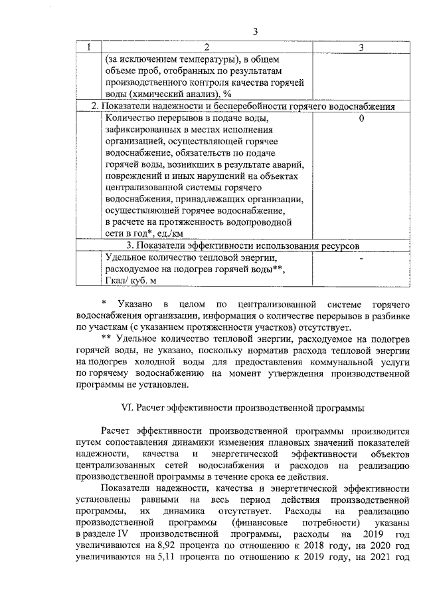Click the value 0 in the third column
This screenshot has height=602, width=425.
pos(361,119)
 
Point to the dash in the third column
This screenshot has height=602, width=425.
pos(361,257)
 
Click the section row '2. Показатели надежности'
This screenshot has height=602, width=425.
pos(243,106)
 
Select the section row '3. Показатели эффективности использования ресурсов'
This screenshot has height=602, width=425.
pos(243,245)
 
